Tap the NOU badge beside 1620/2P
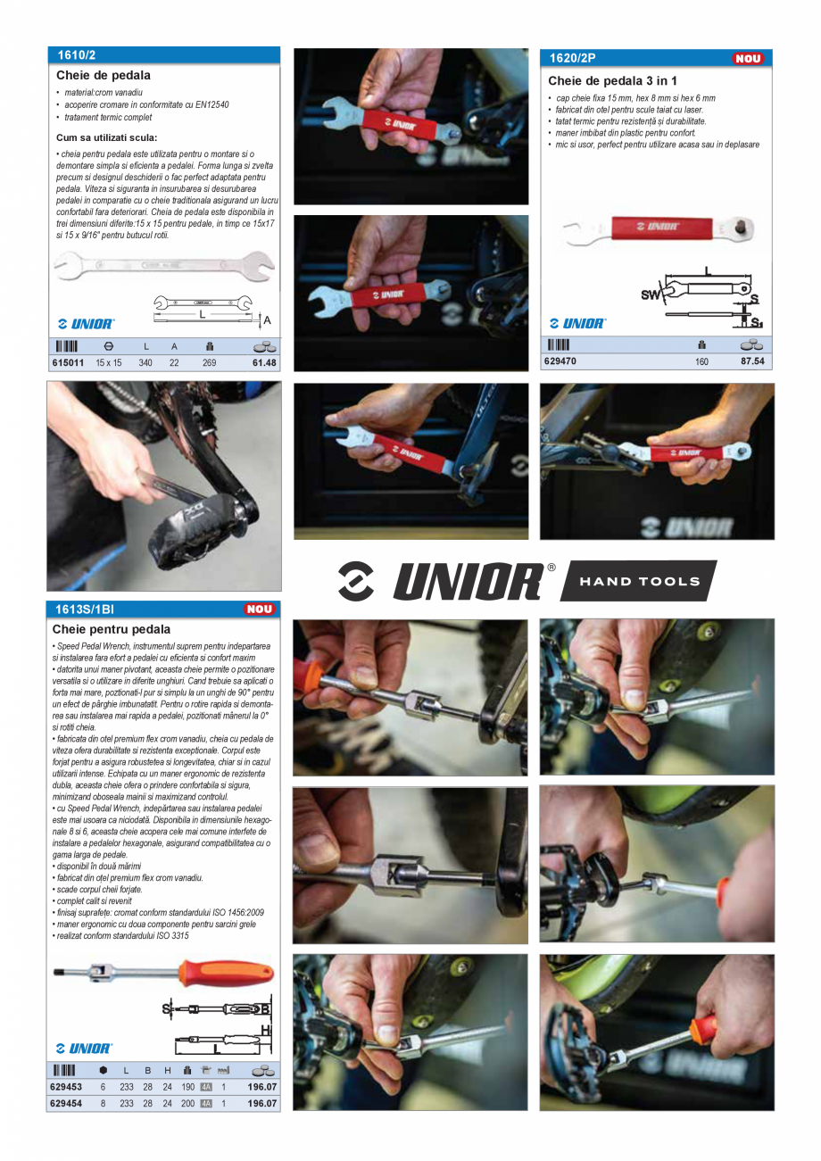pyautogui.click(x=748, y=59)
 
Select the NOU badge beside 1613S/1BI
pyautogui.click(x=260, y=610)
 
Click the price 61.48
pyautogui.click(x=264, y=363)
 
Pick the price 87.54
pyautogui.click(x=755, y=362)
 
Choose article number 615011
pyautogui.click(x=67, y=363)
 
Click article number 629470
pyautogui.click(x=560, y=362)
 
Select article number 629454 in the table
pyautogui.click(x=66, y=1103)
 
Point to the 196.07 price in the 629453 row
pyautogui.click(x=262, y=1087)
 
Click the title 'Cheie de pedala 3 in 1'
pyautogui.click(x=612, y=81)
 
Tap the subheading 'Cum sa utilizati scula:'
pyautogui.click(x=106, y=137)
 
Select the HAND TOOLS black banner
pyautogui.click(x=640, y=581)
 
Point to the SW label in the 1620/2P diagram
pyautogui.click(x=651, y=294)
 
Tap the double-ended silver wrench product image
pyautogui.click(x=163, y=266)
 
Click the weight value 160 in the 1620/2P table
pyautogui.click(x=701, y=362)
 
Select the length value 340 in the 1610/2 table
pyautogui.click(x=145, y=363)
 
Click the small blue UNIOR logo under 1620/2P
pyautogui.click(x=577, y=323)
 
